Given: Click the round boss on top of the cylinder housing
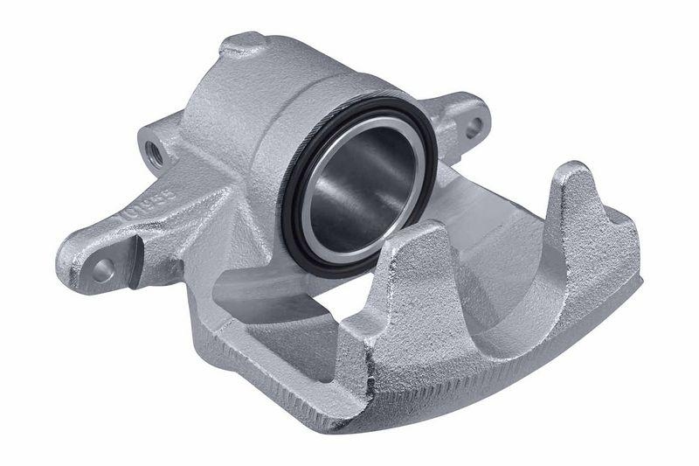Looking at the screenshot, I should click(241, 44).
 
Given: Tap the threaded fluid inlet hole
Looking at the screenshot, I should click(155, 150).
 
